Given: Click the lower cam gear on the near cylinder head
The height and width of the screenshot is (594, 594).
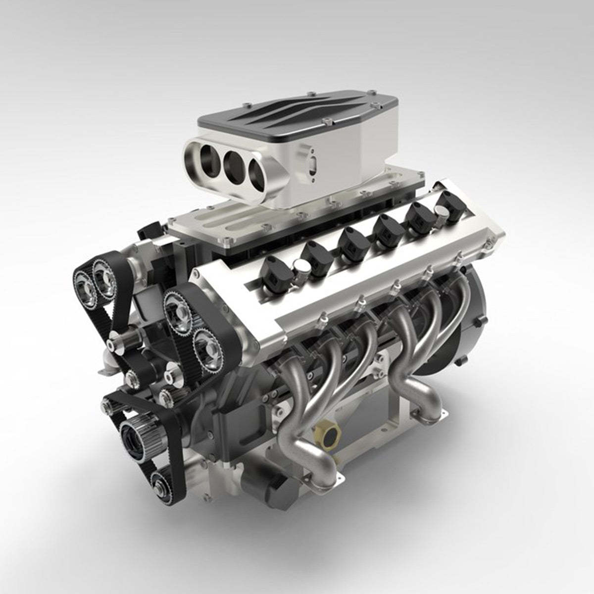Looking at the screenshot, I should click(x=207, y=346).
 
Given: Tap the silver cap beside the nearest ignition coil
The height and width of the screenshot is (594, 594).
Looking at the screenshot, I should click(x=300, y=270).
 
